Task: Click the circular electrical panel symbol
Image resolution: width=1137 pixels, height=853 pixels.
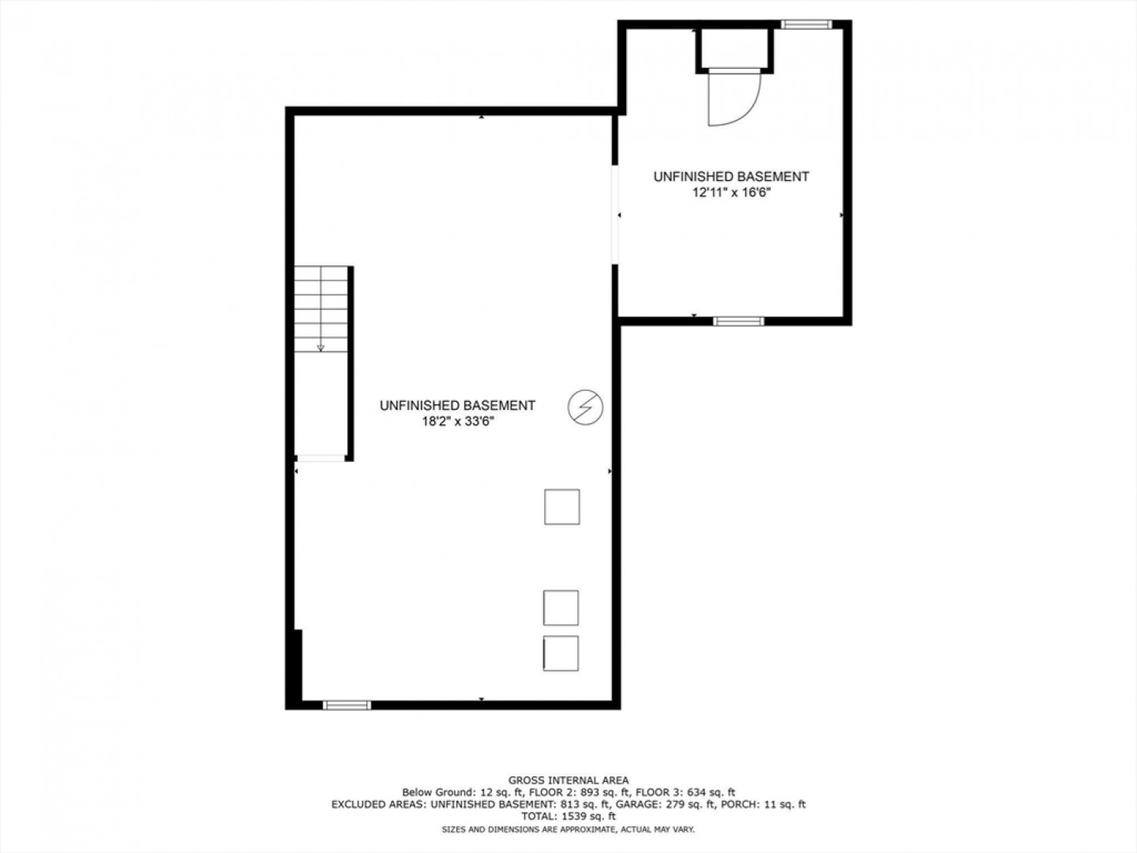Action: click(x=585, y=407)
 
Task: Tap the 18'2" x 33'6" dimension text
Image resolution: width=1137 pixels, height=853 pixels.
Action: click(x=458, y=422)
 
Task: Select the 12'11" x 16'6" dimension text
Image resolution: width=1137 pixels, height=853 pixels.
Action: click(x=731, y=193)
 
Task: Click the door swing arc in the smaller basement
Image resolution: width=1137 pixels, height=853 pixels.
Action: click(x=746, y=111)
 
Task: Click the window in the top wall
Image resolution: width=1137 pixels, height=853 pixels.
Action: click(x=806, y=24)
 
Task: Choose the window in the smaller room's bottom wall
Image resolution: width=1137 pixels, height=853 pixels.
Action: click(x=738, y=321)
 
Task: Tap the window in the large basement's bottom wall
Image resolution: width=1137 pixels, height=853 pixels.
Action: click(x=347, y=705)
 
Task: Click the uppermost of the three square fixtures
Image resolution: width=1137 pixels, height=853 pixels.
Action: click(x=562, y=506)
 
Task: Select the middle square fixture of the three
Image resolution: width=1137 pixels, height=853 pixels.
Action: click(x=561, y=607)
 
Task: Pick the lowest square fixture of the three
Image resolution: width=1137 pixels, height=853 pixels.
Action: click(x=561, y=653)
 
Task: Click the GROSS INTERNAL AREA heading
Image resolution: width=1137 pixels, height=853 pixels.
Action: click(x=568, y=780)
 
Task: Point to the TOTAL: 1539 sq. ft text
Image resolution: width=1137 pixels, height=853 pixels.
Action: click(x=568, y=816)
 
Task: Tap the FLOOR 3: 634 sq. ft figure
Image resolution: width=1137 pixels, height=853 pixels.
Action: click(x=685, y=792)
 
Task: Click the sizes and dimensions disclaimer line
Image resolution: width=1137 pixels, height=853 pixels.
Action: click(x=568, y=829)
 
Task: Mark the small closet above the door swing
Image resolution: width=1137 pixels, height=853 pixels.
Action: click(x=734, y=47)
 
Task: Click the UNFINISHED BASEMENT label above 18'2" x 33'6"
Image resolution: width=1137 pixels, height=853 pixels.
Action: click(x=457, y=405)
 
